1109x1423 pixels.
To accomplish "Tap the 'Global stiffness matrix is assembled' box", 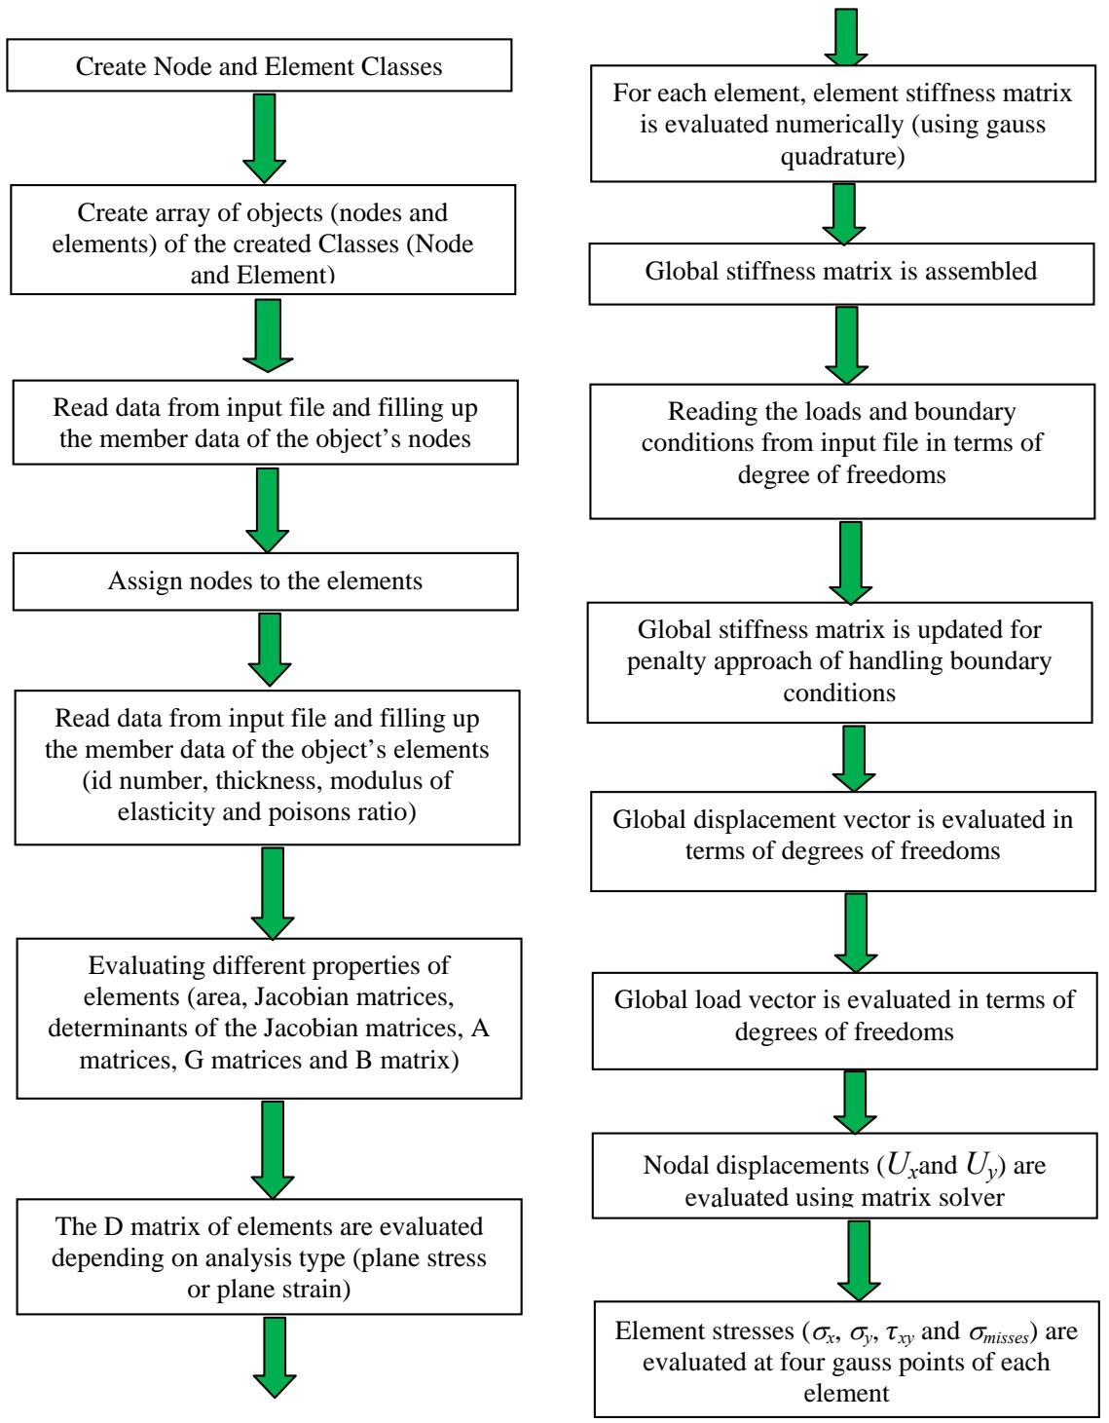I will tap(841, 271).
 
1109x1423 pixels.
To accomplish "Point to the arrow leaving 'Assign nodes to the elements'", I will tap(269, 649).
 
